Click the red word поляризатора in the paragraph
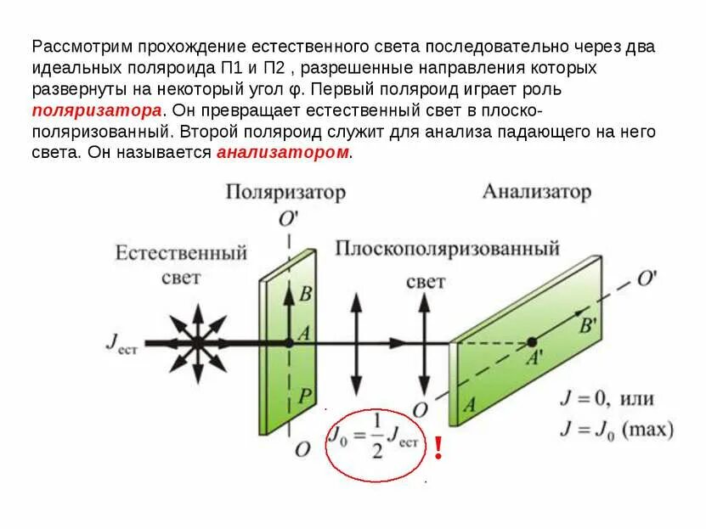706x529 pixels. pos(96,111)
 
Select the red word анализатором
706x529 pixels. pos(284,153)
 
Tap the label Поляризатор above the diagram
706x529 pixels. pos(285,193)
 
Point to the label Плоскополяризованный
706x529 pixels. pos(447,249)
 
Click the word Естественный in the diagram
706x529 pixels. pos(182,253)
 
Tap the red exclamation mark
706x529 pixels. pos(438,447)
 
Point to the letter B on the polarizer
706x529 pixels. pos(306,295)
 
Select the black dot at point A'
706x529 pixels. pos(532,342)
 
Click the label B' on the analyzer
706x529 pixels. pos(587,324)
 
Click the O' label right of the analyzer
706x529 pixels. pos(648,279)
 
